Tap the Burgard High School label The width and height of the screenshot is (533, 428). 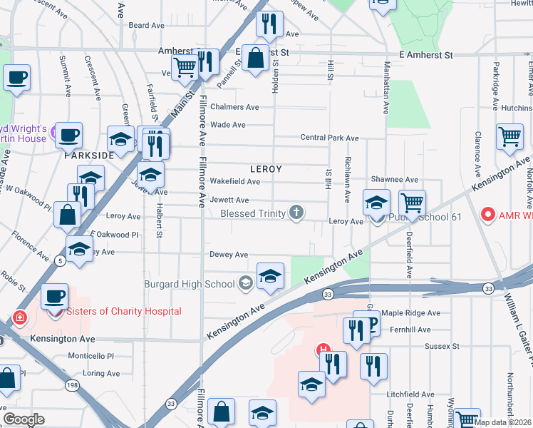[x=189, y=284]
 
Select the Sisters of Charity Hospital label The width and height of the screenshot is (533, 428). [x=123, y=311]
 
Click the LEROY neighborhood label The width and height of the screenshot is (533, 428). [x=266, y=169]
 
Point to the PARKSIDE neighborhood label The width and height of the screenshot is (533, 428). [x=90, y=155]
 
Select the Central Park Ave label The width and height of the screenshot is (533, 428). [x=329, y=137]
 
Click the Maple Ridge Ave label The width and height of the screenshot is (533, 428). [x=412, y=312]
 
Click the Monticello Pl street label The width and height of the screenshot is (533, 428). [x=90, y=356]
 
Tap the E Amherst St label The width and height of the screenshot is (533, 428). [x=426, y=55]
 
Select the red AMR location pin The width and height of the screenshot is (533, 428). [x=488, y=213]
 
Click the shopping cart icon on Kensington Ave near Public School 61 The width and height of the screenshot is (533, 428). [x=413, y=203]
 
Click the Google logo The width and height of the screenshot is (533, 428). [x=24, y=419]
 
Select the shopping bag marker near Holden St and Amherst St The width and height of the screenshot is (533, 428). [x=254, y=56]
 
